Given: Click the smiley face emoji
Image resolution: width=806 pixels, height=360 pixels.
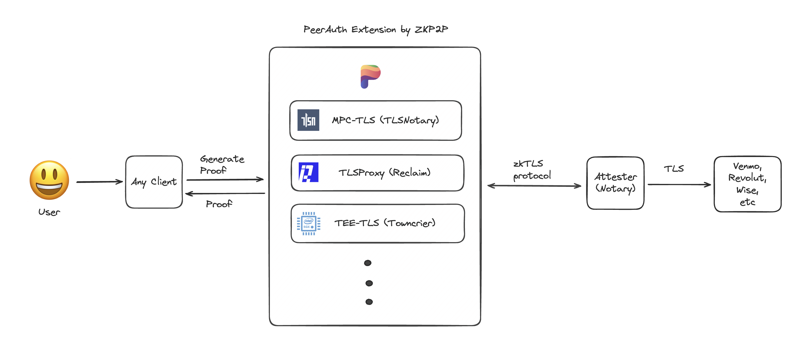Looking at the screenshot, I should [49, 180].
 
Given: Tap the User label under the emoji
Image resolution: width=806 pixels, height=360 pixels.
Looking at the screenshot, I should [49, 212].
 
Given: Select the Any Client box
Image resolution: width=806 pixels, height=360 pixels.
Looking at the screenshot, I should [154, 182].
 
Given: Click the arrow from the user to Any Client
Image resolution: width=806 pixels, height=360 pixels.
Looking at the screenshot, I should [100, 182].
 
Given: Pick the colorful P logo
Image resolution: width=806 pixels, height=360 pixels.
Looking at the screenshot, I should [370, 76].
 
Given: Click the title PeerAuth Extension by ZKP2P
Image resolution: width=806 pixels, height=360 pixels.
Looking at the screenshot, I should [375, 29].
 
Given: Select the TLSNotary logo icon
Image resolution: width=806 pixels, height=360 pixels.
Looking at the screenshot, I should [308, 120].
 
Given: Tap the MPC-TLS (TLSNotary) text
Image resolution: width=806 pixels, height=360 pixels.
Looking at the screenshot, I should [385, 120].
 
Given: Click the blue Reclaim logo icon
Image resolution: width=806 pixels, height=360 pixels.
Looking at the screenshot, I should [309, 172].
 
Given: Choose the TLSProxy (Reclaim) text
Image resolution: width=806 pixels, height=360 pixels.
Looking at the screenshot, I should [385, 173].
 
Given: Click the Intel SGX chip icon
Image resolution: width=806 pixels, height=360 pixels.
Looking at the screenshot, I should [309, 223].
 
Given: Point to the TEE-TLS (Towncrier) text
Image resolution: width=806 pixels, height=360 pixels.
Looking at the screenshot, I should [385, 223].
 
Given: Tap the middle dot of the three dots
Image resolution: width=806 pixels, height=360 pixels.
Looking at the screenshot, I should [369, 283].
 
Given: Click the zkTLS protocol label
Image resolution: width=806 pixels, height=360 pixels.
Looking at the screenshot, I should [532, 169].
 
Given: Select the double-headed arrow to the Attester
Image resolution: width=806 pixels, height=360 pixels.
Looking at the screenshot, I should [534, 186].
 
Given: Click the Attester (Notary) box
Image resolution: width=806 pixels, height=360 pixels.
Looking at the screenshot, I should [615, 183].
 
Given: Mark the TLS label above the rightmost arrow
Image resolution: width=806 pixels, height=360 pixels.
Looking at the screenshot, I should [674, 169].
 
